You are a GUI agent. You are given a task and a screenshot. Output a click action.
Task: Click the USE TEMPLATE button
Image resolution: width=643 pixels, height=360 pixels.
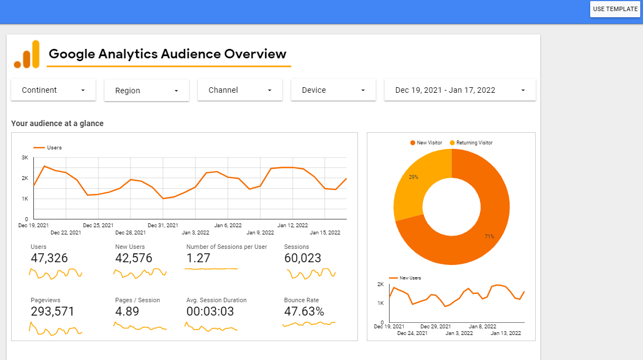click(x=615, y=9)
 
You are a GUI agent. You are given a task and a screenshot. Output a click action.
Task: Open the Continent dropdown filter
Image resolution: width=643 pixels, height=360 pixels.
click(x=53, y=90)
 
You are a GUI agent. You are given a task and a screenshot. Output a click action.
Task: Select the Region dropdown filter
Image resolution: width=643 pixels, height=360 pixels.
click(x=147, y=91)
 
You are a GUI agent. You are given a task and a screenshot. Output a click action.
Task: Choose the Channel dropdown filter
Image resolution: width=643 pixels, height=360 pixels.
click(x=240, y=90)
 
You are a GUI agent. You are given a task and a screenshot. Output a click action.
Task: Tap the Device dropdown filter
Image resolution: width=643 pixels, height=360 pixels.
click(x=333, y=90)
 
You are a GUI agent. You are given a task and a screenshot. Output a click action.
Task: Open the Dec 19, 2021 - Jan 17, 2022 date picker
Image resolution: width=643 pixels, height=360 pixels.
click(x=460, y=90)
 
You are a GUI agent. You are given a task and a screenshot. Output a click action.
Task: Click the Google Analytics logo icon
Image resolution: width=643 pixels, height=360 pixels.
click(x=27, y=54)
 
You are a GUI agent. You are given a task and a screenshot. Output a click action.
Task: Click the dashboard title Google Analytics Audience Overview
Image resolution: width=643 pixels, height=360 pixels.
click(x=168, y=54)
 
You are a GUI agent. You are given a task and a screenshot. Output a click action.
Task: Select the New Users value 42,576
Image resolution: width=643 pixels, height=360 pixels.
click(x=133, y=258)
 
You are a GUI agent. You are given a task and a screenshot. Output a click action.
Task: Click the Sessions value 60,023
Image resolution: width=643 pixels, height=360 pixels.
click(x=302, y=258)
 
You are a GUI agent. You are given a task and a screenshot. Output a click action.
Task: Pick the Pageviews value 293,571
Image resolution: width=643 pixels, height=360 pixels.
click(x=52, y=312)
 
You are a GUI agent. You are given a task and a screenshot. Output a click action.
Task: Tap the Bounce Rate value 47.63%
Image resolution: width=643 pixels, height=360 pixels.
click(x=304, y=312)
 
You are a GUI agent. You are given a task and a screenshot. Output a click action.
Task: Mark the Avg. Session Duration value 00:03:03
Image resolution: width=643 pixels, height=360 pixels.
click(x=211, y=312)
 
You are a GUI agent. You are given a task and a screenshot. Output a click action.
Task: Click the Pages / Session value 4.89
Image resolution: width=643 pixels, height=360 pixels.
click(x=127, y=312)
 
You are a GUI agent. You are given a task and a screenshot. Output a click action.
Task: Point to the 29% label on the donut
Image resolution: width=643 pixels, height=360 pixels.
click(x=413, y=177)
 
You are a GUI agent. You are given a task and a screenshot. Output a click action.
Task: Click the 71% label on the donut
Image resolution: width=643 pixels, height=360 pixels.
click(x=489, y=237)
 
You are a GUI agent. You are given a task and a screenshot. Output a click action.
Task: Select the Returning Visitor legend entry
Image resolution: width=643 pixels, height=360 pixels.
click(x=471, y=143)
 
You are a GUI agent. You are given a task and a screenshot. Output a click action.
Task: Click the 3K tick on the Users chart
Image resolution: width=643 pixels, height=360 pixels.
click(x=25, y=158)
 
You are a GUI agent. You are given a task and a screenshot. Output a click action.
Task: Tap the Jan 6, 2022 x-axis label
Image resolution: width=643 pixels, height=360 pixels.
click(x=228, y=226)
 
